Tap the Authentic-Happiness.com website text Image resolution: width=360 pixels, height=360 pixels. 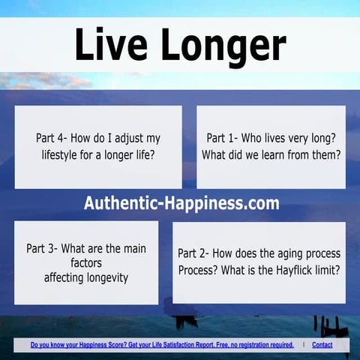[x=181, y=203]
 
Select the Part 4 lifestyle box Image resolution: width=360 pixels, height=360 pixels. [x=97, y=146]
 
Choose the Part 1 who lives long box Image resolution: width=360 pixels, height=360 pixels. [x=271, y=146]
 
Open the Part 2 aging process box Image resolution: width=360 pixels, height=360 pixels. [x=259, y=262]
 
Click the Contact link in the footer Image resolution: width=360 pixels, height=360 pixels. [x=322, y=345]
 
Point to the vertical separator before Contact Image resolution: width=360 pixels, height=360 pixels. [x=303, y=345]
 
